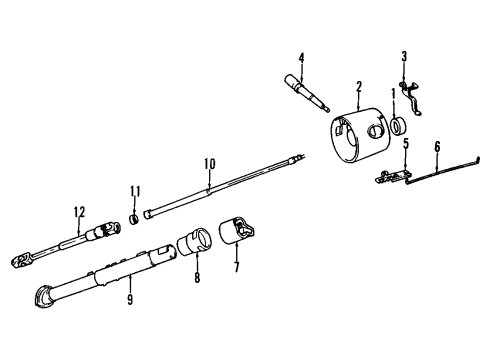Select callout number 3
tap(403, 55)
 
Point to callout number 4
tap(300, 58)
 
